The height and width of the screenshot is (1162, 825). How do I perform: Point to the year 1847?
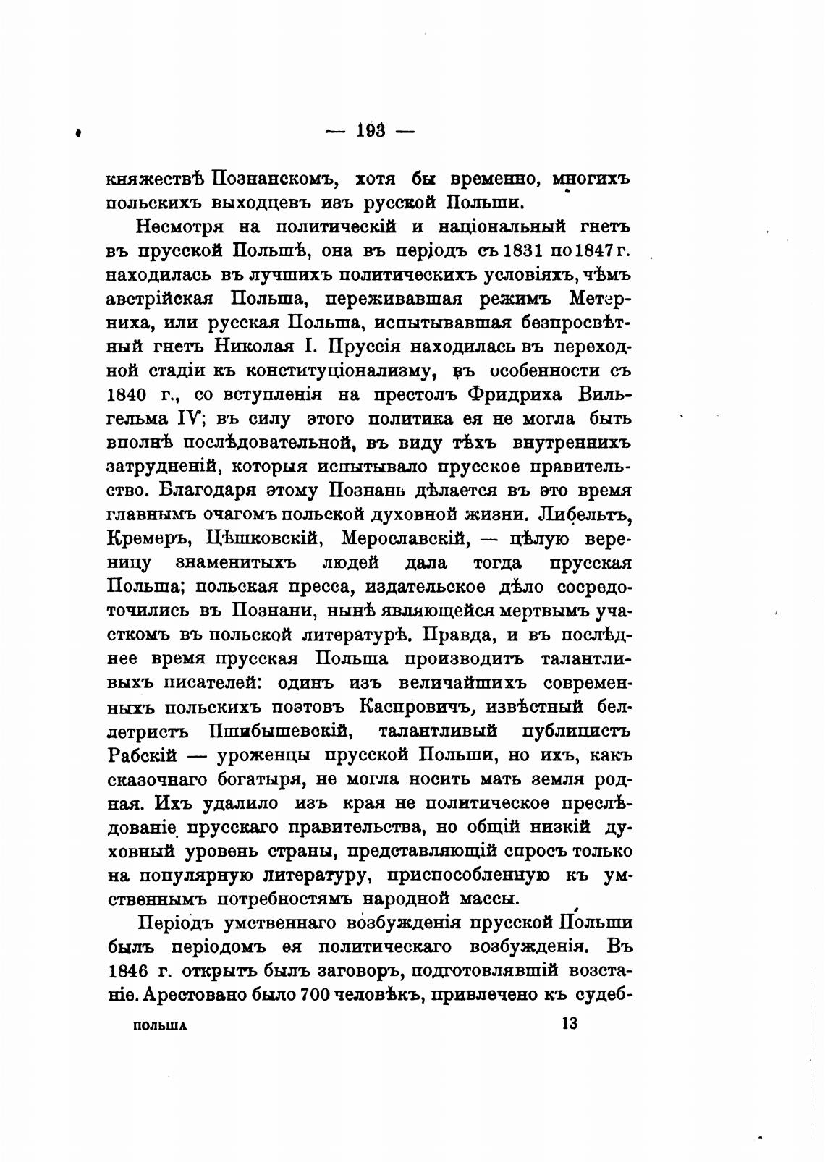593,250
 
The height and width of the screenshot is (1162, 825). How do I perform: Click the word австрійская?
161,298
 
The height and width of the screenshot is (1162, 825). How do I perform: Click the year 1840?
129,394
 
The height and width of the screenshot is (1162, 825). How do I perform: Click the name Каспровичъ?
420,706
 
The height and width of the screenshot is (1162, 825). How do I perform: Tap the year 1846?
129,970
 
